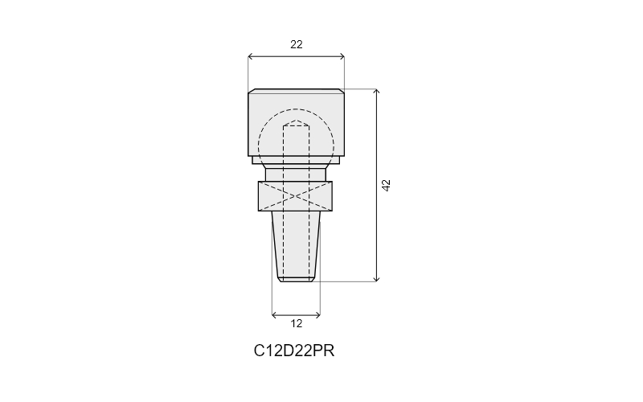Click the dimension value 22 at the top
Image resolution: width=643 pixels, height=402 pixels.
coord(296,44)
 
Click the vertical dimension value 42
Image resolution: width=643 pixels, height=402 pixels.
coord(387,186)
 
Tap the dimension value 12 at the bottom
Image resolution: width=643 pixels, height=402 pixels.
coord(296,324)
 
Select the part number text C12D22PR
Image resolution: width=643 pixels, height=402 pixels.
coord(294,351)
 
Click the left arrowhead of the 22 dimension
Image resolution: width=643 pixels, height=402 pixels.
coord(250,56)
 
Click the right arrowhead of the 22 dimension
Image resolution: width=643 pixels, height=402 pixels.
coord(342,56)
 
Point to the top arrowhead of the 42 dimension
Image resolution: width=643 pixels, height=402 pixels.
coord(376,91)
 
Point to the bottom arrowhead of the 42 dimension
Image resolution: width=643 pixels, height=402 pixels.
coord(376,279)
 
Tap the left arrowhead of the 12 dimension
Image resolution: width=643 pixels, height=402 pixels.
coord(274,315)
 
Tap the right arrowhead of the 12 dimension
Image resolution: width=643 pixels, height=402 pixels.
coord(318,315)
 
